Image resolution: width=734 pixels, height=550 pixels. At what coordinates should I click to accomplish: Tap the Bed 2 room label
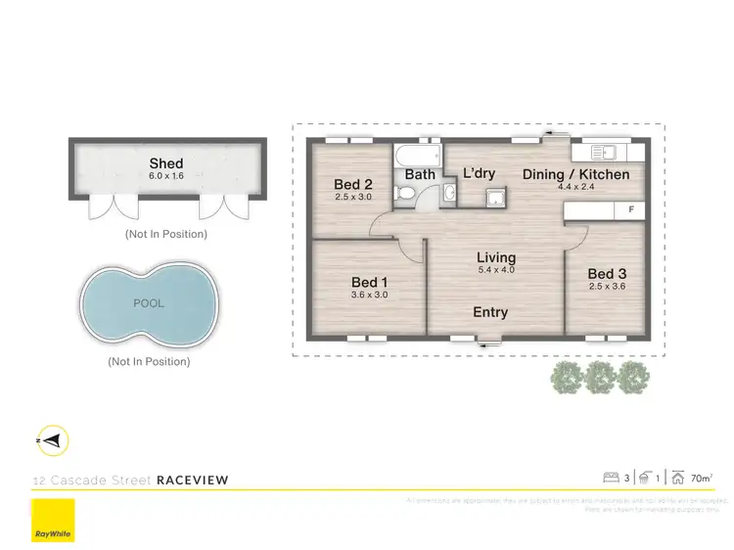(x=353, y=184)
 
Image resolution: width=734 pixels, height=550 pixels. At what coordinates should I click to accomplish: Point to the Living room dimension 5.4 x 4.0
(x=496, y=270)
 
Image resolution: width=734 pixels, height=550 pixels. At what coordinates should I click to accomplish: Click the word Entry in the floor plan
(x=490, y=312)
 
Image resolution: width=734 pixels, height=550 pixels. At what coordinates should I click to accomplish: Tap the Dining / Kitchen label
(x=574, y=175)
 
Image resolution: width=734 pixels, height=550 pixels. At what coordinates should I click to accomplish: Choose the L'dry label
(x=479, y=173)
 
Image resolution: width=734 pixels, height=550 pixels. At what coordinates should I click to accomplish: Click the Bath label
(x=420, y=175)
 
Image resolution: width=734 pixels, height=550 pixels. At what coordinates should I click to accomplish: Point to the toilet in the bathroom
(x=405, y=195)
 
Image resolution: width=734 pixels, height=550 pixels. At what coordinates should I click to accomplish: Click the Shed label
(x=166, y=163)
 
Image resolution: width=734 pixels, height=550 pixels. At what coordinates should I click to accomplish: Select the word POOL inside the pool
(x=149, y=303)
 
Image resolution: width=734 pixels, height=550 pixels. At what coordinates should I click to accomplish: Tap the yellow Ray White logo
(x=52, y=521)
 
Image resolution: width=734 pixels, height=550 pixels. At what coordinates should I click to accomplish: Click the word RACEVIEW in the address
(x=193, y=481)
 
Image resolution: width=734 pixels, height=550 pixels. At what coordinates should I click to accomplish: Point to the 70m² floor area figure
(x=701, y=479)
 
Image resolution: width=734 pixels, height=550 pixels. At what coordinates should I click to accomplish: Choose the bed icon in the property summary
(x=613, y=479)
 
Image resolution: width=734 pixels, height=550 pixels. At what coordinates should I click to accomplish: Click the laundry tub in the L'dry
(x=494, y=200)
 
